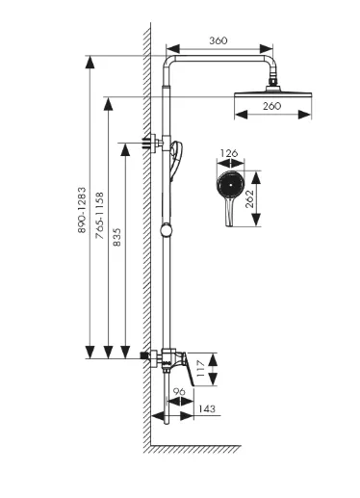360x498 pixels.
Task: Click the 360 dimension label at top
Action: tap(219, 40)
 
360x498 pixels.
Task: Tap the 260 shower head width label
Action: tap(271, 106)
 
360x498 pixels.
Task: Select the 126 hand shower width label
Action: tap(229, 153)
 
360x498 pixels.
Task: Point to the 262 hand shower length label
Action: tap(249, 199)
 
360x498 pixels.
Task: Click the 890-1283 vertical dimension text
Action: tap(82, 210)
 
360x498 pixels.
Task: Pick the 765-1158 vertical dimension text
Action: tap(100, 216)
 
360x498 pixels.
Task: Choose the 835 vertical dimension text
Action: tap(117, 237)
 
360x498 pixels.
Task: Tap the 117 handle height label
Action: tap(200, 369)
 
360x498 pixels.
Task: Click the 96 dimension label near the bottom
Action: tap(179, 391)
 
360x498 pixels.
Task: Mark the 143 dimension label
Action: tap(207, 409)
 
